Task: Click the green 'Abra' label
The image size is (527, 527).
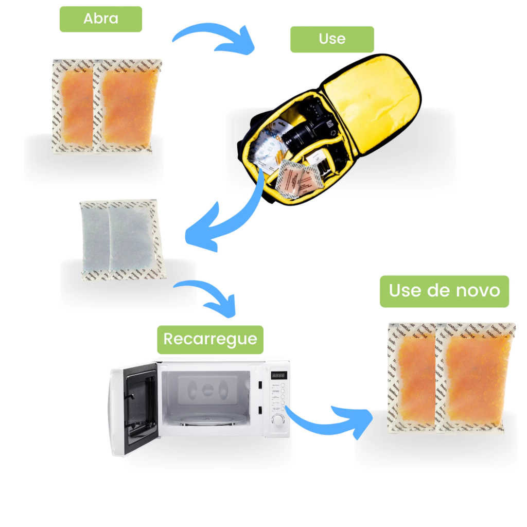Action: [x=101, y=19]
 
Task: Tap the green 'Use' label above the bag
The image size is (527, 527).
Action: [x=332, y=39]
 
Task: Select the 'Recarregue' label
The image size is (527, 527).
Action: [x=210, y=339]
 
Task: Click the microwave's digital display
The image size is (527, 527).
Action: [x=278, y=376]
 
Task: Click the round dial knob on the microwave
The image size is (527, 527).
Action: [x=278, y=420]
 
